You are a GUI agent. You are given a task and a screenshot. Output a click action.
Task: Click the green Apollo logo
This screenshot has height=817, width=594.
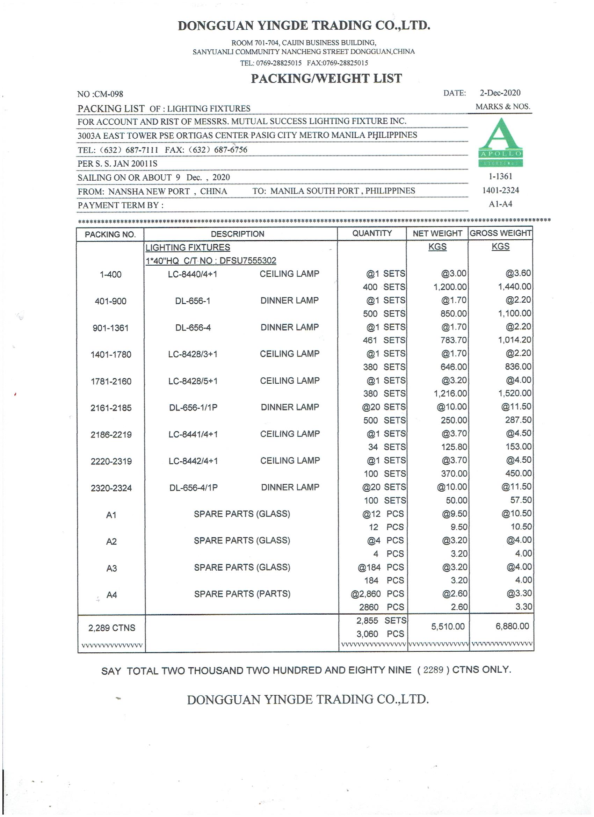[500, 142]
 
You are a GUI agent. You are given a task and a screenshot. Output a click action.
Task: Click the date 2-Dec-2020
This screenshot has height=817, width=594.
[500, 93]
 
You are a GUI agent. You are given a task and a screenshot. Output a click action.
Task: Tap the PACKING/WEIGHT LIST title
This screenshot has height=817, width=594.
[326, 79]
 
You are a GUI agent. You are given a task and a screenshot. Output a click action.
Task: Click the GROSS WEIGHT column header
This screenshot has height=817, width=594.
[500, 233]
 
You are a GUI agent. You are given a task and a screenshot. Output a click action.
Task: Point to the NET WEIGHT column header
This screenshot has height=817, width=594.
[437, 233]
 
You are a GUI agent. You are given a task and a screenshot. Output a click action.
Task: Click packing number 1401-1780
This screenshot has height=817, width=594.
[111, 355]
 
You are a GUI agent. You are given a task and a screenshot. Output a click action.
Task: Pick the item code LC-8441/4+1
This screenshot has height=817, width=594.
[193, 434]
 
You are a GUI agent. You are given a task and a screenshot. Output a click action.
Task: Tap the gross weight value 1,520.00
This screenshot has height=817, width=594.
[514, 393]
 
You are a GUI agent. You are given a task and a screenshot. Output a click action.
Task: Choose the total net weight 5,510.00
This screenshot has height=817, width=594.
[448, 627]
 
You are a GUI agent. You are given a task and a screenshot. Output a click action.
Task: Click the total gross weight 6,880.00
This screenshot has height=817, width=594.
[512, 627]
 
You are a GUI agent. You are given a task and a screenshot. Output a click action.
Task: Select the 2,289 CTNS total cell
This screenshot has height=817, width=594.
[112, 628]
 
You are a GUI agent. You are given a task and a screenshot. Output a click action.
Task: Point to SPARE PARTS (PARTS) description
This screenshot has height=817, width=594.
[242, 594]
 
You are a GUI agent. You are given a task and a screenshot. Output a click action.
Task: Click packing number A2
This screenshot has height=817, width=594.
[111, 542]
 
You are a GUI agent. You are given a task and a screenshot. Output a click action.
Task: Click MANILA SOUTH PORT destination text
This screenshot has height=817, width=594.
[314, 191]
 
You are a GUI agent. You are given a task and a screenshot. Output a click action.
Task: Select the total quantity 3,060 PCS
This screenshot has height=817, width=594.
[380, 634]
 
